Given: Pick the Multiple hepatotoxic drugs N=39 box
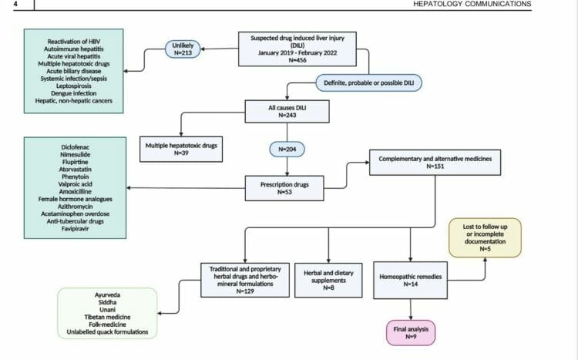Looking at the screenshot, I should [180, 147].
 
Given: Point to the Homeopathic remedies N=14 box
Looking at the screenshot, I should [410, 280].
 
